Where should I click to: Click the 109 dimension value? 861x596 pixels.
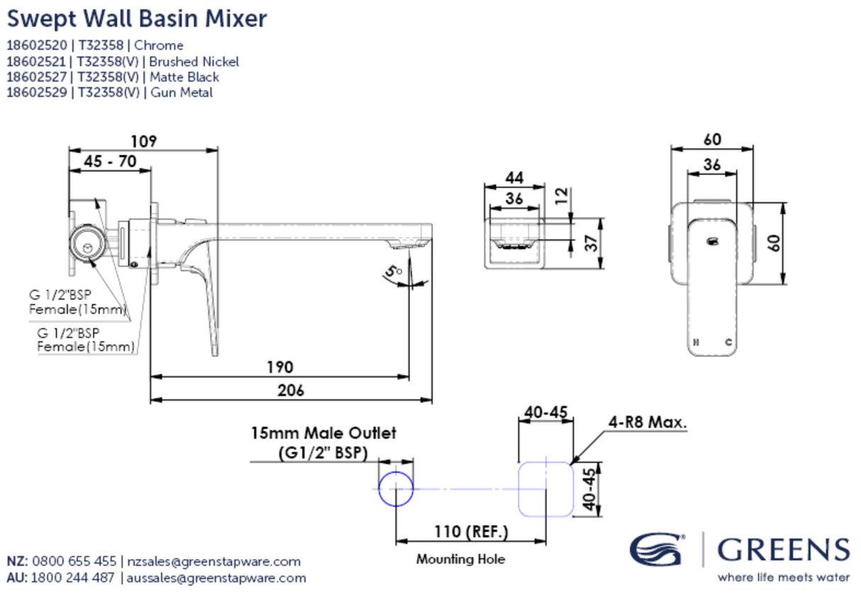(144, 140)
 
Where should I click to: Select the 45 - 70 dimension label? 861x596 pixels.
(110, 161)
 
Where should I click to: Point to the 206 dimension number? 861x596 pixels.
(291, 390)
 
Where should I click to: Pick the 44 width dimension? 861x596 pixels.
(514, 177)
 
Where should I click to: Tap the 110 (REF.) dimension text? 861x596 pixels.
(470, 531)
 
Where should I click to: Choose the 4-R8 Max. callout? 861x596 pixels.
(648, 422)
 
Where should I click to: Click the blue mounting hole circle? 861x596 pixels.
(395, 489)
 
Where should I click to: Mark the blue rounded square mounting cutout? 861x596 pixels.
(546, 489)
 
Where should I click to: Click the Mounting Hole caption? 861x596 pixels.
(460, 559)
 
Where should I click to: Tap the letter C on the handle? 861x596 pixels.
(728, 342)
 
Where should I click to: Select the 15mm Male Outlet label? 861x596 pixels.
(323, 433)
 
